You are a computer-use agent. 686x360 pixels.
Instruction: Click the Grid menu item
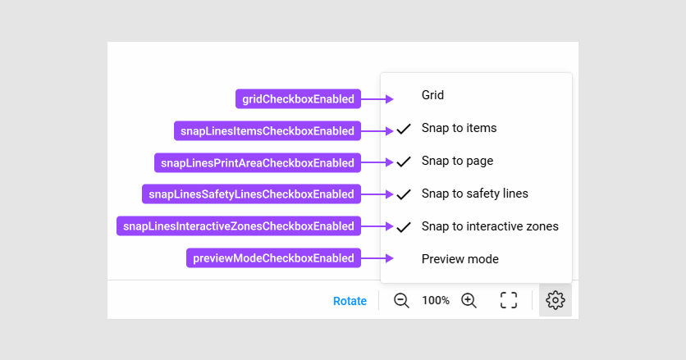coord(432,95)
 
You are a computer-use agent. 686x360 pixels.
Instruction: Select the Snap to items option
coord(459,128)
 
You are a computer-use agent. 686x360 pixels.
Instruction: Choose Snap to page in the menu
coord(457,161)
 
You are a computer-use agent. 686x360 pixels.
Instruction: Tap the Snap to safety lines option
coord(474,194)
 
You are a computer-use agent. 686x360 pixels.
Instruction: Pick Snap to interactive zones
coord(490,226)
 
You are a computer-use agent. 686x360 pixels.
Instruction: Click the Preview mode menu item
coord(460,259)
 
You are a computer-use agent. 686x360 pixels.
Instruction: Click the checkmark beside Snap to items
coord(404,129)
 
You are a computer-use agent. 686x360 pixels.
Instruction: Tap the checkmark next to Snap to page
coord(404,162)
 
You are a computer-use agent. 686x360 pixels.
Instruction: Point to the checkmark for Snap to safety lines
coord(404,194)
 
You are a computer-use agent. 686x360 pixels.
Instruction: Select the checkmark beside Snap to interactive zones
coord(404,227)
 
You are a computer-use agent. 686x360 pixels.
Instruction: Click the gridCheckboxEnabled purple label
coord(298,99)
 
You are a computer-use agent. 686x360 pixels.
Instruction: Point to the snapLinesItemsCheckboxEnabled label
coord(268,130)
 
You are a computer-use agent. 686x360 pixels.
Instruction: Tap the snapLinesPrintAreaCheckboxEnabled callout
coord(258,162)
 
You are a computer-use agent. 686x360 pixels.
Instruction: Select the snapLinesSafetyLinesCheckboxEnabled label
coord(251,194)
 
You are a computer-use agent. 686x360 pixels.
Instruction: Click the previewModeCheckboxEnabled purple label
coord(273,258)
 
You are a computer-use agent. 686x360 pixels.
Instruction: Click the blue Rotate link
coord(350,301)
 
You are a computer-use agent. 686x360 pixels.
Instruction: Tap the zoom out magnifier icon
coord(401,300)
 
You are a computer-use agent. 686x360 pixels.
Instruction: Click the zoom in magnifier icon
coord(469,300)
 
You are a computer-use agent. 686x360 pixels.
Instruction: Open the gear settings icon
coord(556,300)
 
